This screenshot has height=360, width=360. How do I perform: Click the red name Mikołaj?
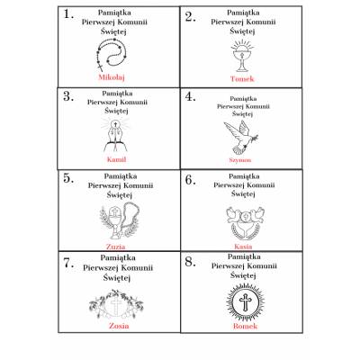tap(112, 77)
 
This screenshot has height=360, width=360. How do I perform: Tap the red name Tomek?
tap(242, 79)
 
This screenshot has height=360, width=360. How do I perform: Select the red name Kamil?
tap(116, 159)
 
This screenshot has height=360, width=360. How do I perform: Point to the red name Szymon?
tap(240, 160)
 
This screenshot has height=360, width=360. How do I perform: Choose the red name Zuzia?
tap(115, 247)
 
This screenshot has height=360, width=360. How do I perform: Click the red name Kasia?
tap(243, 247)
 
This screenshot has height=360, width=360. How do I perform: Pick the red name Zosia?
tap(119, 326)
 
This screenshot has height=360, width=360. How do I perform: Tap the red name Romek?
tap(245, 326)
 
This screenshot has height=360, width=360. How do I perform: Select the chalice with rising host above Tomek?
tap(242, 58)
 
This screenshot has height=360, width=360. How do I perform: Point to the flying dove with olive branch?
tap(241, 138)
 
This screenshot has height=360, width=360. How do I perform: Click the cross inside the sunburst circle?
tap(245, 301)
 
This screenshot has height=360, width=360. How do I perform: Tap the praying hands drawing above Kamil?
tap(116, 135)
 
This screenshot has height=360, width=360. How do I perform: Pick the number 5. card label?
tap(68, 178)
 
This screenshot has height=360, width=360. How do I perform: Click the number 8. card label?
tap(190, 262)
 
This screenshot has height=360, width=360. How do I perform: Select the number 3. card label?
tap(68, 96)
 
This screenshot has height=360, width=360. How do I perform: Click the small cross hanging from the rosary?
tap(100, 67)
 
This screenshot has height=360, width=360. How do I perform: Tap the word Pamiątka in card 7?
tap(118, 257)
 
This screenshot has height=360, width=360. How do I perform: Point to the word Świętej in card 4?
tap(243, 114)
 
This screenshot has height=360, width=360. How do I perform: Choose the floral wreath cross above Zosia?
tap(116, 304)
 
